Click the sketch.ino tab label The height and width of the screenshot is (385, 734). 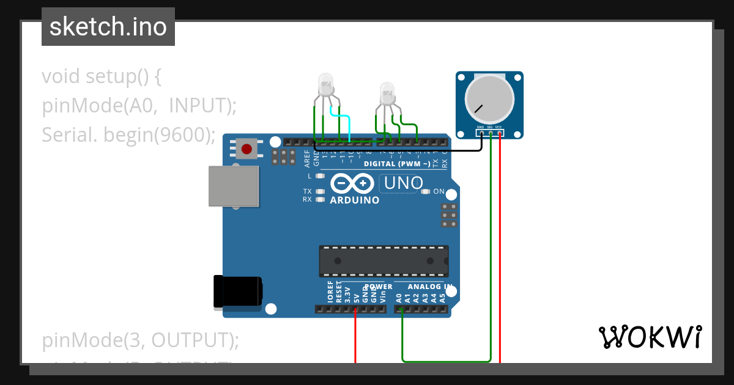click(108, 27)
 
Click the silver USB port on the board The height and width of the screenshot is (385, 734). click(233, 186)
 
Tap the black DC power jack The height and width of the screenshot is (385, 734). click(237, 291)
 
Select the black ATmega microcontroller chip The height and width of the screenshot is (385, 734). click(384, 260)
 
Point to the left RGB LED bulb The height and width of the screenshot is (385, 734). click(326, 83)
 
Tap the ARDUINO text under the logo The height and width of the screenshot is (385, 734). click(355, 200)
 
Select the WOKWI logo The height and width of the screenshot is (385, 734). click(650, 337)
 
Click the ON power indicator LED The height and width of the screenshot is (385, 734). click(426, 191)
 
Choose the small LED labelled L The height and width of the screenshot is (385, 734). click(319, 176)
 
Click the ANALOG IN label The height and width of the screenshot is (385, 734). click(430, 287)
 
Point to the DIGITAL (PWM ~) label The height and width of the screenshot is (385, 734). click(396, 164)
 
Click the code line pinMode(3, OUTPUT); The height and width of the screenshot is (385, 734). click(141, 340)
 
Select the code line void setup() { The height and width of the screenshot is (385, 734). click(102, 77)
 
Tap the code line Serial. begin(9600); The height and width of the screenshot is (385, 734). click(128, 134)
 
